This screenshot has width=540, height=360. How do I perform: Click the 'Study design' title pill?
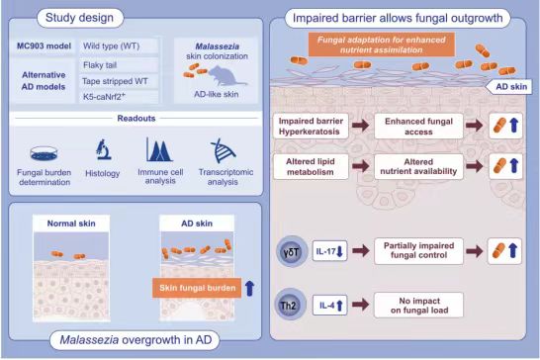coord(80,18)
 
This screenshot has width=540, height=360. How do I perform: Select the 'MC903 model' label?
coord(44,45)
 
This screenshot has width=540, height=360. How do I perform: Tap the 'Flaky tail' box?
coord(119,64)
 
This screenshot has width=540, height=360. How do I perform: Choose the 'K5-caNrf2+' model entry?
coord(119,97)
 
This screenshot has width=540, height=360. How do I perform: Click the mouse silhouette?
coord(225,76)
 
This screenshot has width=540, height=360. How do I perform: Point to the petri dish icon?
coord(44,153)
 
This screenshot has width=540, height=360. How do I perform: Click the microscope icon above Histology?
coord(103,149)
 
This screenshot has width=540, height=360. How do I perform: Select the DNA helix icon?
coord(223,150)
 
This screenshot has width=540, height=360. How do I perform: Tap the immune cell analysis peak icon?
coord(159,149)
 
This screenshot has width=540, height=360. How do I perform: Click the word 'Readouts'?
coord(136,119)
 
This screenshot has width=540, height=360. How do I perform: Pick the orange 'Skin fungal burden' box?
coord(197,288)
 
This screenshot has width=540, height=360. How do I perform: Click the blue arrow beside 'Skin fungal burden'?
coord(249,288)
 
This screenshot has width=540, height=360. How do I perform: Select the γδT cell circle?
coord(292,251)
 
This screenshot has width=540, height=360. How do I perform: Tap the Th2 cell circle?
coord(290,305)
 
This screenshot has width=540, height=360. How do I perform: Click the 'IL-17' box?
coord(329,251)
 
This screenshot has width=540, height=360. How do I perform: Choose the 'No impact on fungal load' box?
coord(418,306)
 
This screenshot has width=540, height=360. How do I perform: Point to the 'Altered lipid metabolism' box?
coord(311,167)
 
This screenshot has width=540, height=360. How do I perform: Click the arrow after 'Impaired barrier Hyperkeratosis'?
coord(361,126)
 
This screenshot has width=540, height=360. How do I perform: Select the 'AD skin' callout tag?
coord(508,86)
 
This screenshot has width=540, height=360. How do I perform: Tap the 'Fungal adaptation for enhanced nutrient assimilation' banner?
coord(382,45)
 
